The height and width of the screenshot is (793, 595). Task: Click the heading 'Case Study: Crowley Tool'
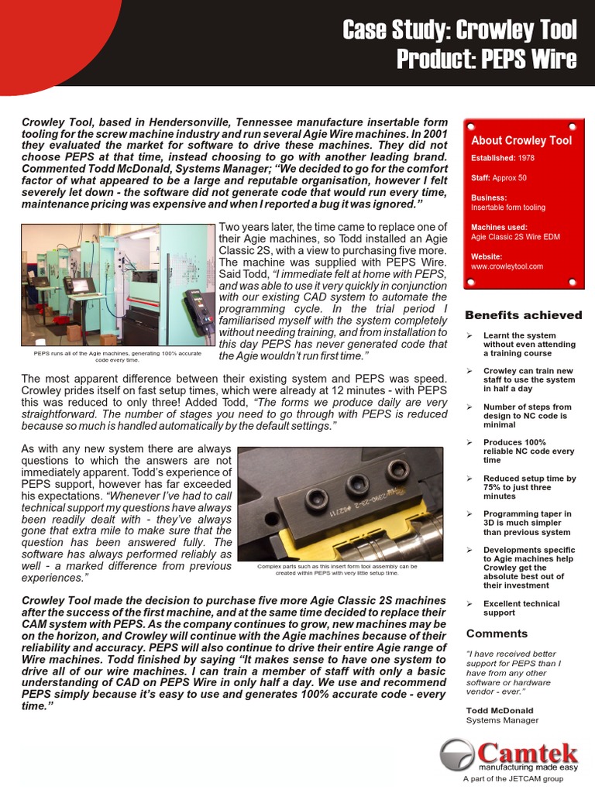pyautogui.click(x=460, y=30)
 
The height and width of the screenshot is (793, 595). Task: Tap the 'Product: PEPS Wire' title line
pyautogui.click(x=487, y=60)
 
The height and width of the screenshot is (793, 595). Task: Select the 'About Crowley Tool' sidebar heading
pyautogui.click(x=521, y=140)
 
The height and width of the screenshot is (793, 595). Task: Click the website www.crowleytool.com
pyautogui.click(x=507, y=266)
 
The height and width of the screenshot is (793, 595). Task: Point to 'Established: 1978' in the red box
pyautogui.click(x=502, y=158)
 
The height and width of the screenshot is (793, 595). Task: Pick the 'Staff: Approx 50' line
pyautogui.click(x=498, y=177)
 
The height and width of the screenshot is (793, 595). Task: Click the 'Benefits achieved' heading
pyautogui.click(x=523, y=315)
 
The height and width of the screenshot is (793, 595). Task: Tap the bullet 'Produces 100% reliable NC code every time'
pyautogui.click(x=529, y=451)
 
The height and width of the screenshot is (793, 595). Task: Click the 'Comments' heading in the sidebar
pyautogui.click(x=497, y=633)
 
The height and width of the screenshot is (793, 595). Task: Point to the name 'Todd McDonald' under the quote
pyautogui.click(x=500, y=710)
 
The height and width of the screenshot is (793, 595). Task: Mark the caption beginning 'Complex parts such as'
pyautogui.click(x=337, y=569)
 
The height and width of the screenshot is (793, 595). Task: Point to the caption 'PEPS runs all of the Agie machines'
pyautogui.click(x=117, y=356)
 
